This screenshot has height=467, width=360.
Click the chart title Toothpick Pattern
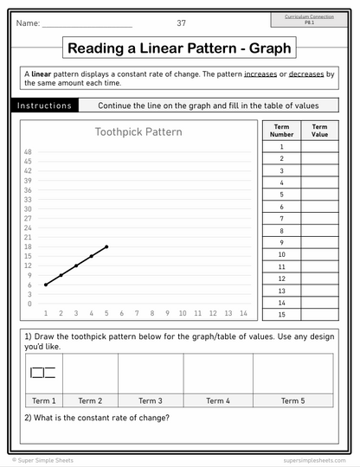point(138,132)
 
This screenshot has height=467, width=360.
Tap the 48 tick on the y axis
point(29,152)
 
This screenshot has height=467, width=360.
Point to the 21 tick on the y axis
point(29,237)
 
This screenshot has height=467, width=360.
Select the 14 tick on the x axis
point(243,313)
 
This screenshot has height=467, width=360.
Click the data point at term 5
point(106,246)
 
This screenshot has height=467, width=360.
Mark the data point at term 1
point(45,285)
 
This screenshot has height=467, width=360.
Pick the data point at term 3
point(76,265)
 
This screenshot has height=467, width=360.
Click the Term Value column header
point(319,131)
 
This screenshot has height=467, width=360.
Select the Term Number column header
point(281,131)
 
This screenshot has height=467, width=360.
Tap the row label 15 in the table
point(281,316)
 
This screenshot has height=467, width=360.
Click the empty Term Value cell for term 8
point(319,231)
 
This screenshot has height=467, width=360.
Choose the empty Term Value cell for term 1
point(319,146)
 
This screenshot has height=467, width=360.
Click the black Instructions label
point(44,106)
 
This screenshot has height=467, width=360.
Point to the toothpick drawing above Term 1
point(42,374)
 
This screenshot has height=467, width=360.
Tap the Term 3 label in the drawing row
point(151,400)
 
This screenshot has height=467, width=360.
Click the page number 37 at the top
point(181,22)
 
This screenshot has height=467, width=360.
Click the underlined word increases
point(260,74)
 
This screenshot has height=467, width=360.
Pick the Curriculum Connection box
point(309,19)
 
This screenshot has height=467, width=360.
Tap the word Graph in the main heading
point(268,48)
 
